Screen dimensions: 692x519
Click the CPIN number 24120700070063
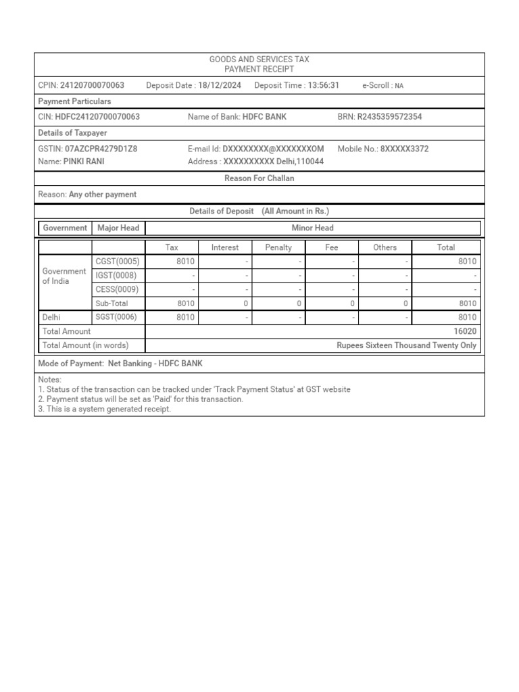pos(92,85)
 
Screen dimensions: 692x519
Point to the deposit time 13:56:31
pos(323,85)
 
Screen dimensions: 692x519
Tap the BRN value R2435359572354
pos(389,117)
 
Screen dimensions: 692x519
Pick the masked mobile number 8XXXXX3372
pos(404,149)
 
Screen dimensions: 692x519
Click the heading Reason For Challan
pos(259,178)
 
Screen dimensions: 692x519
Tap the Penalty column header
pos(278,247)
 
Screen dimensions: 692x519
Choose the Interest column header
pos(225,247)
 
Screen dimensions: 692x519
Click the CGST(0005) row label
pos(118,262)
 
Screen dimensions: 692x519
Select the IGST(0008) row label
pos(116,276)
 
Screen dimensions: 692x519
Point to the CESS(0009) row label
pos(118,289)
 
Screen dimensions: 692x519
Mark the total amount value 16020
pos(466,331)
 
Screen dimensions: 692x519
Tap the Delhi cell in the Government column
pos(51,317)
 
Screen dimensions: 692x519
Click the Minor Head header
pos(312,228)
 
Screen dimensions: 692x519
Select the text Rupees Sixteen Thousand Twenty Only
pos(406,345)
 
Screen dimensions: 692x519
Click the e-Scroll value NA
pos(399,86)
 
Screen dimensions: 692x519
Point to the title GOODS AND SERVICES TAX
pos(259,60)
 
